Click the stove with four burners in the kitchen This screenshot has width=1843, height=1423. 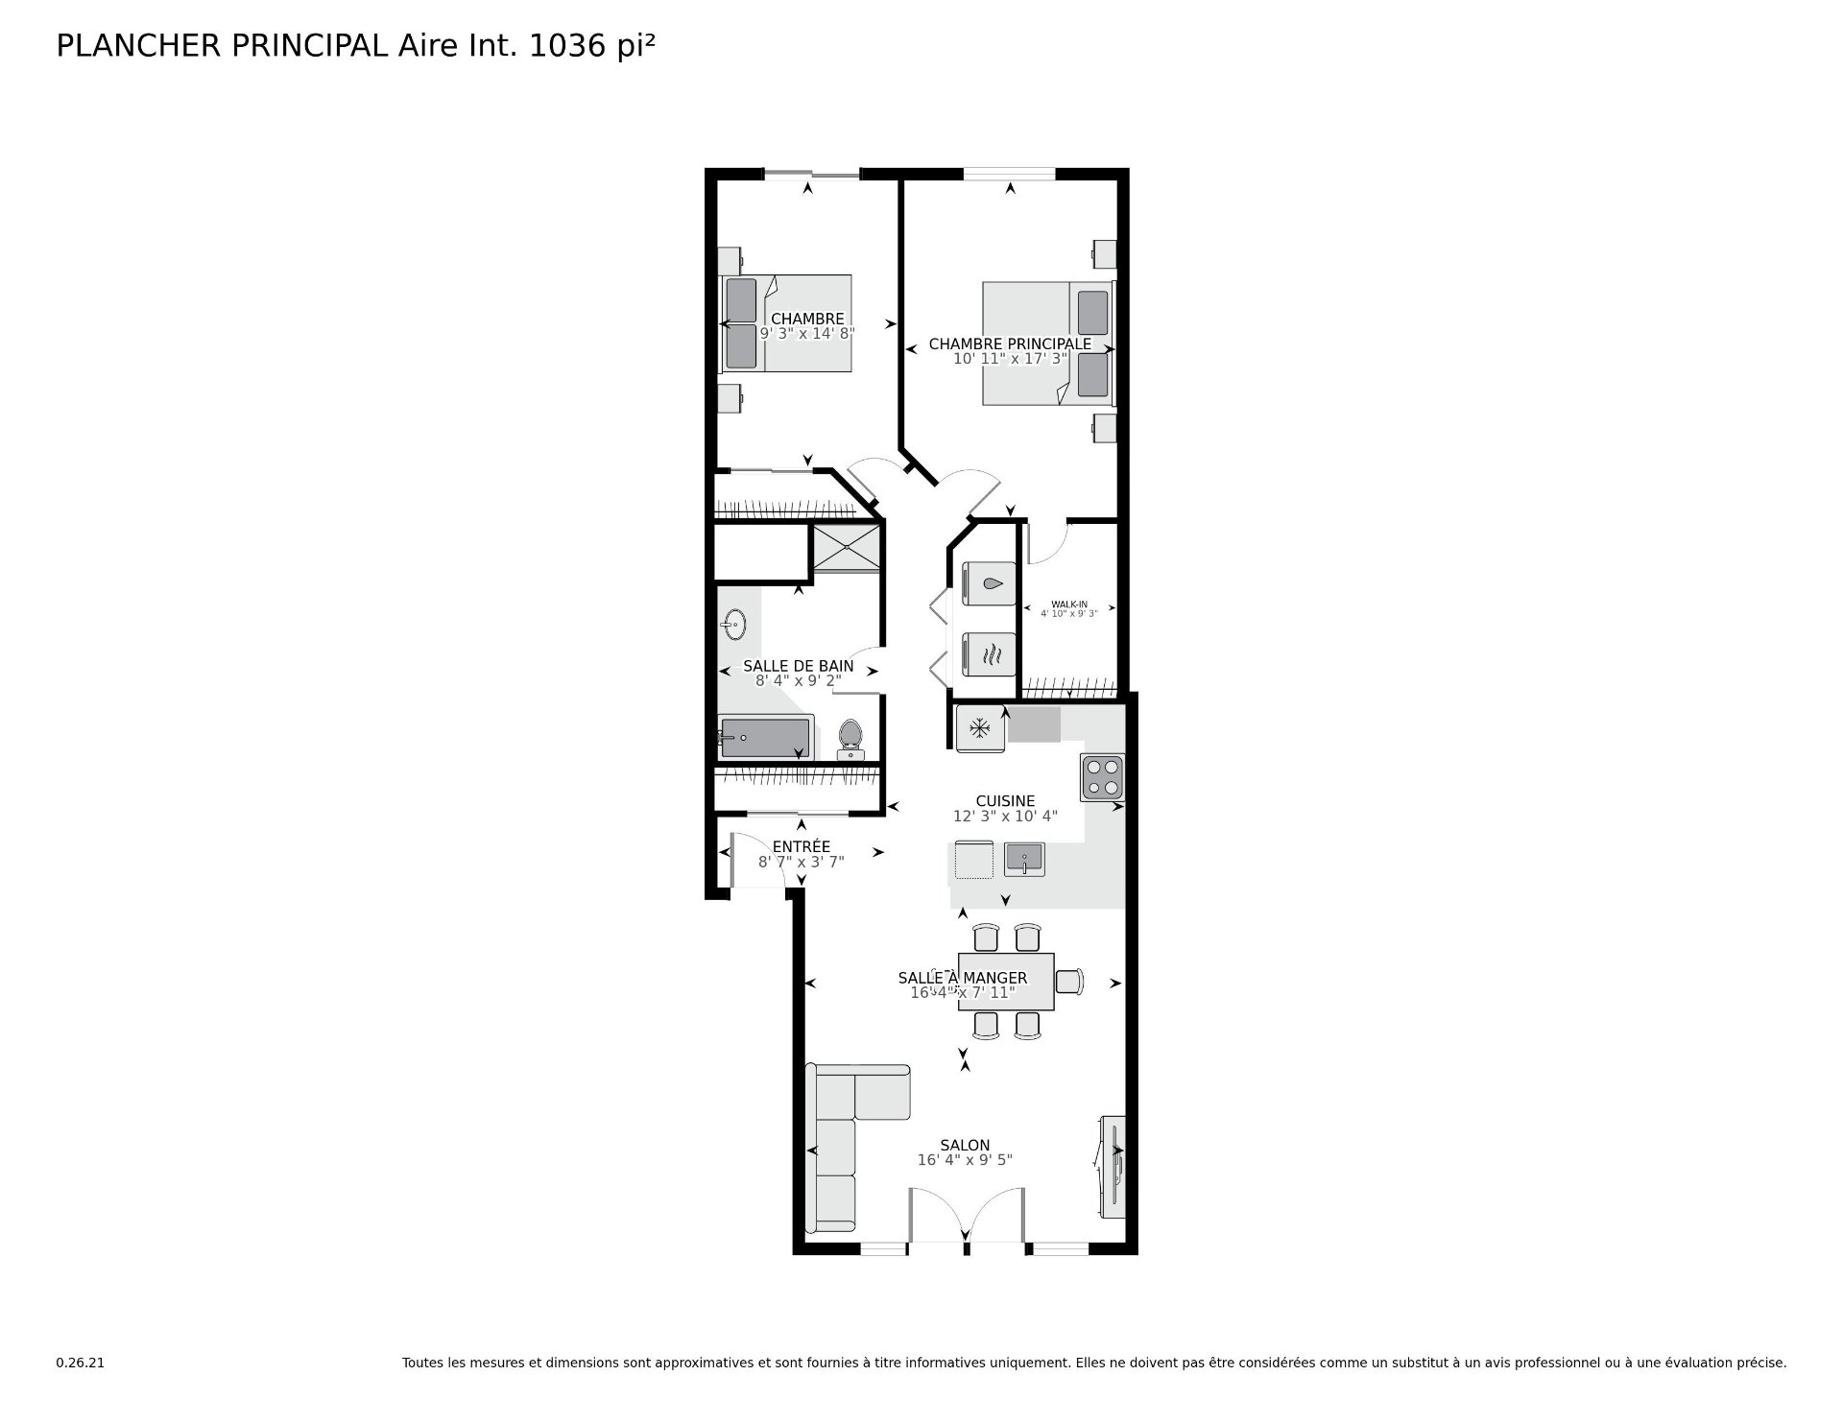click(x=1101, y=778)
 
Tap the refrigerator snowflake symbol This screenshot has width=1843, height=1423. click(x=979, y=728)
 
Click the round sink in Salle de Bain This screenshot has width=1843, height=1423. click(x=733, y=625)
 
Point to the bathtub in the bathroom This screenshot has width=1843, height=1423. click(x=766, y=738)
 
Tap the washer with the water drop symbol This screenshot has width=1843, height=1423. click(x=989, y=582)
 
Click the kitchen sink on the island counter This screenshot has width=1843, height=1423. click(x=1024, y=859)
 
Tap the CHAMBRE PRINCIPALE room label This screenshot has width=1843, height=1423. click(x=1010, y=344)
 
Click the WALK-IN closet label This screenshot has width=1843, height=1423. click(x=1068, y=605)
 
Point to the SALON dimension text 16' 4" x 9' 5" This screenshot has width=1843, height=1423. click(x=965, y=1160)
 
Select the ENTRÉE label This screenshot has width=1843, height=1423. click(x=801, y=846)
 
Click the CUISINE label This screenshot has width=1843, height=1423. click(x=1005, y=801)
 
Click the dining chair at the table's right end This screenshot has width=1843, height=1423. click(x=1068, y=981)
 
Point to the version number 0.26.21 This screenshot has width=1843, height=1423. click(x=80, y=1363)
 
